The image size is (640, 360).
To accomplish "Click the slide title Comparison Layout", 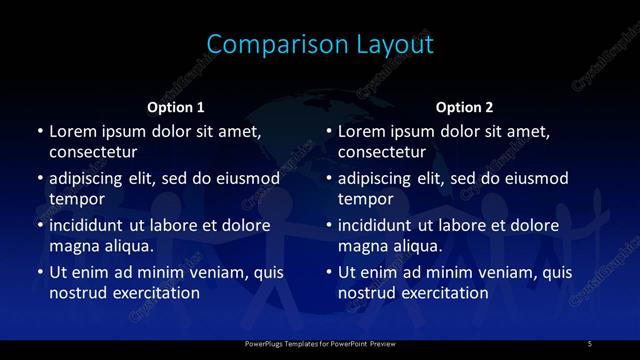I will coord(320,45).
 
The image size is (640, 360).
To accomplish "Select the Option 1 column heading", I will coord(176,107).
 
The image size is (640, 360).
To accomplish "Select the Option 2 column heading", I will coord(465,107).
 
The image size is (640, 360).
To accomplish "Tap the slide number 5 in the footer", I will coord(589,344).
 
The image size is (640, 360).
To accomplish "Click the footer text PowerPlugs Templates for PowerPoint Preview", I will coord(320,344).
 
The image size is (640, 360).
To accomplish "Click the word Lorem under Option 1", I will coord(74,131).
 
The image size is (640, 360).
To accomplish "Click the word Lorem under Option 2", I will coord(363,131).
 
